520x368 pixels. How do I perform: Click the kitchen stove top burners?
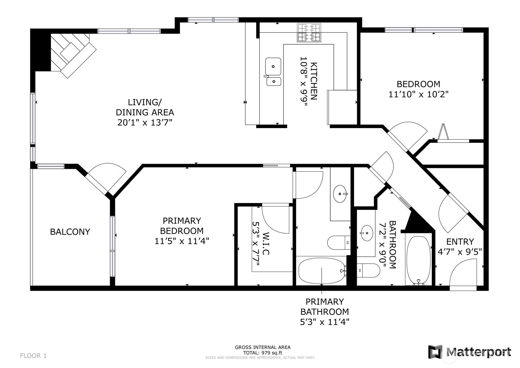click(309, 33)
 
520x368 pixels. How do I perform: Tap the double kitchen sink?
click(273, 72)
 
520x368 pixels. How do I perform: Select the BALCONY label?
click(70, 232)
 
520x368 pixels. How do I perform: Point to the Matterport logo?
click(469, 352)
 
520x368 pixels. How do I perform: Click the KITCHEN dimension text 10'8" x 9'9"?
click(304, 81)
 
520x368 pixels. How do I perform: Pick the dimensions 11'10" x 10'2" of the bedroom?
click(419, 95)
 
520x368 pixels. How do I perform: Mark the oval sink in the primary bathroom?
click(341, 194)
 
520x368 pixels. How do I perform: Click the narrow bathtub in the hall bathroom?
click(419, 260)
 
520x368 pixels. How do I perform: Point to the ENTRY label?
click(460, 242)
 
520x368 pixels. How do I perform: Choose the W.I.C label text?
click(266, 243)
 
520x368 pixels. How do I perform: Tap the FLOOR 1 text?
click(33, 356)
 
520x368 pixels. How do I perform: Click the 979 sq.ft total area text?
click(272, 353)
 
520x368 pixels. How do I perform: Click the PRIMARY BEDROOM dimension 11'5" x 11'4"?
click(182, 241)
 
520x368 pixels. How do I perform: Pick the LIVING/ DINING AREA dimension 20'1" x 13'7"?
click(145, 123)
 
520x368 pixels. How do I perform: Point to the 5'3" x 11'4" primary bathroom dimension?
click(325, 322)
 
